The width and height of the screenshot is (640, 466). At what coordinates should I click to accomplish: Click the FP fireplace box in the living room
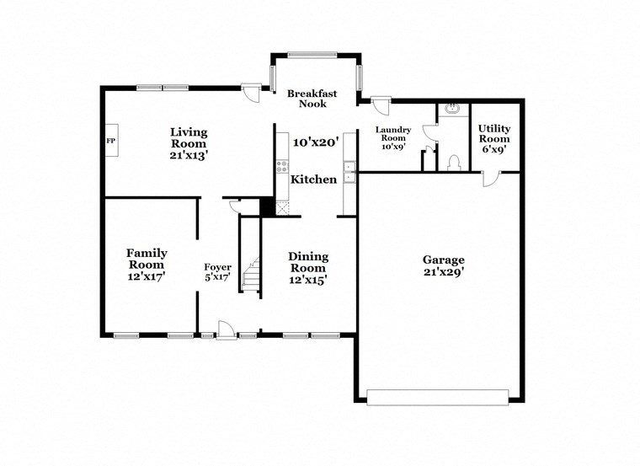(110, 140)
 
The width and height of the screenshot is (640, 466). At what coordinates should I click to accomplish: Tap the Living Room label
(189, 137)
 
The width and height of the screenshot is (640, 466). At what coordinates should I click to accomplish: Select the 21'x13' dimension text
(189, 155)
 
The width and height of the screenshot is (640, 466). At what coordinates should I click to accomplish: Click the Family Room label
(147, 259)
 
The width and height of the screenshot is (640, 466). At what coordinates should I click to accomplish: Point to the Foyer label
(218, 267)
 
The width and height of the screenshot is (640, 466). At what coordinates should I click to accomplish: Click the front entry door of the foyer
(226, 331)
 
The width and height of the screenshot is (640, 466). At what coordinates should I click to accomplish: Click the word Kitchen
(314, 179)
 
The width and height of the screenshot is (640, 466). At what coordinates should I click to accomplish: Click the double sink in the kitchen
(350, 177)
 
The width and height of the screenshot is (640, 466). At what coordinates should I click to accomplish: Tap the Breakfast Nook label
(312, 98)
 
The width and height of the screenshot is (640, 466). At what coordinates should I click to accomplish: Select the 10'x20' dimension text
(315, 142)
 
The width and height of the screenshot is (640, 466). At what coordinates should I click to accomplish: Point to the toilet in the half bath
(453, 160)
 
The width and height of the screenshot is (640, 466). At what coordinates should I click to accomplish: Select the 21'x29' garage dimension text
(444, 272)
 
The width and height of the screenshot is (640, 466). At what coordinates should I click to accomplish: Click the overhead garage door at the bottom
(438, 396)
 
